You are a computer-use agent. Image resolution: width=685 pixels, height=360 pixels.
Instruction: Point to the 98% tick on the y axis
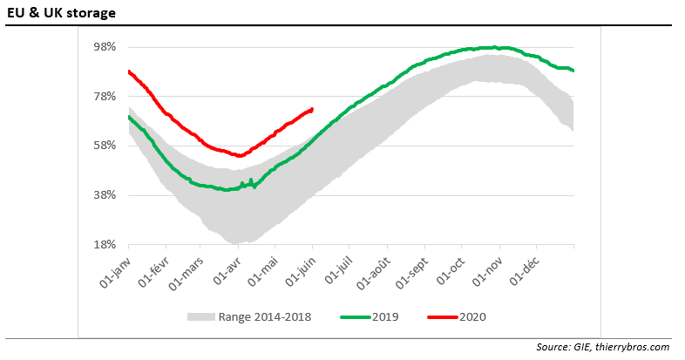105,46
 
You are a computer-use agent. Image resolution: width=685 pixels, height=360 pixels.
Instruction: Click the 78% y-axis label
105,96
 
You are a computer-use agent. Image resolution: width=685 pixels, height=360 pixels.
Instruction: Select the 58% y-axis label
105,145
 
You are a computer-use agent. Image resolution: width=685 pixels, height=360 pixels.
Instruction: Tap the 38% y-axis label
105,194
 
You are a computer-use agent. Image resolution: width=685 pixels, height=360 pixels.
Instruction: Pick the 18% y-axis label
105,244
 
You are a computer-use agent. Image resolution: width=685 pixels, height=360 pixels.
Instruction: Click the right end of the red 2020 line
312,109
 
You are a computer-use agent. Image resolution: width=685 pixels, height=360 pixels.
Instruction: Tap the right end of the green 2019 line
573,71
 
